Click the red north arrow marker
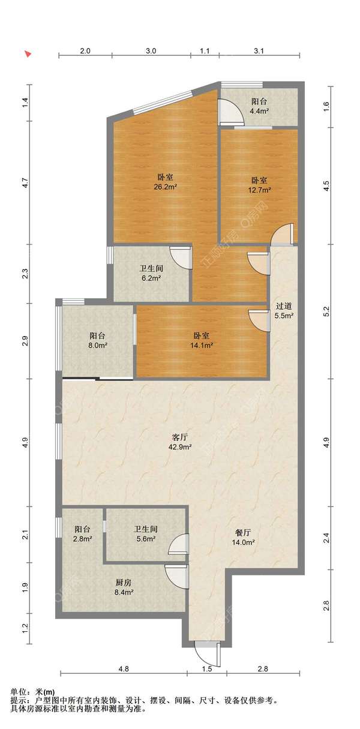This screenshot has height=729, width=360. tap(29, 54)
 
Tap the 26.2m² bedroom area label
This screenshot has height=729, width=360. tap(166, 182)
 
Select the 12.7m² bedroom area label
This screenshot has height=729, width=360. tap(260, 185)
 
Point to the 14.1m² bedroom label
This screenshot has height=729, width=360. tap(202, 340)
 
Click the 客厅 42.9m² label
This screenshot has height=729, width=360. tap(179, 442)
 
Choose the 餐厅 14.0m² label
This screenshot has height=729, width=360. tap(243, 537)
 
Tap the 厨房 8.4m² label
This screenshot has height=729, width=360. tap(124, 587)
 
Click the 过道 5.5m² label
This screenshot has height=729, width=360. tap(284, 310)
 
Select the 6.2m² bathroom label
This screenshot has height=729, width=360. tap(151, 273)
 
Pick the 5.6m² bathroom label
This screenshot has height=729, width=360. tap(145, 533)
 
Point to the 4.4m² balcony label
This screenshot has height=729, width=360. tap(259, 106)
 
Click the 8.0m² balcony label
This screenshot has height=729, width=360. tap(98, 340)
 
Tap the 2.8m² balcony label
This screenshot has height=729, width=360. tap(82, 533)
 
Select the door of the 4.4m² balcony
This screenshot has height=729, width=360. tap(230, 112)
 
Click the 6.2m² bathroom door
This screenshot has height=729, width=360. tap(180, 258)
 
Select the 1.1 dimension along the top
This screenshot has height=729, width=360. tap(205, 51)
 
